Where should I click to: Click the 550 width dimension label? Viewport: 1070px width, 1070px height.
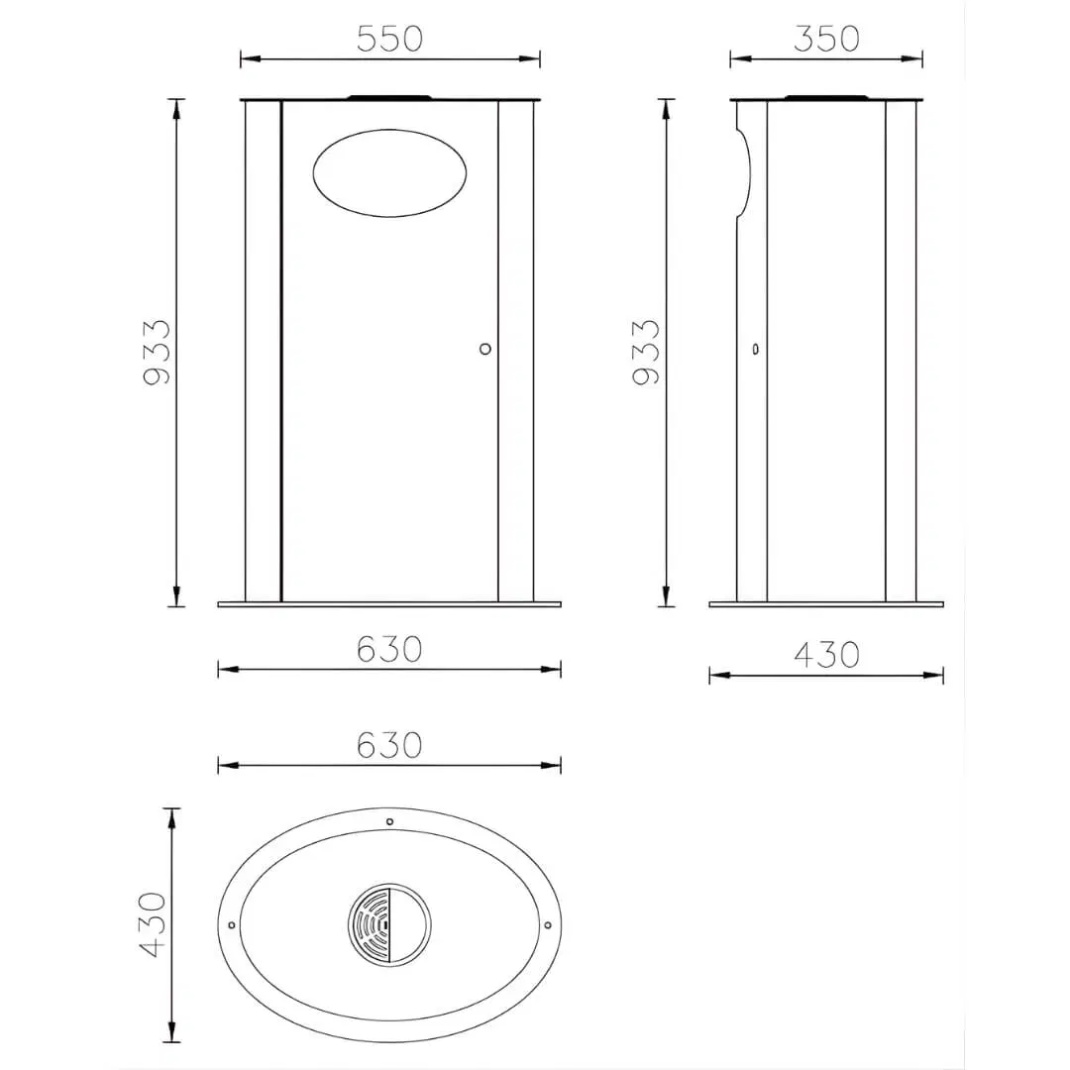[x=389, y=39]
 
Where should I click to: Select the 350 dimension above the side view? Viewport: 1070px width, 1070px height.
[x=826, y=39]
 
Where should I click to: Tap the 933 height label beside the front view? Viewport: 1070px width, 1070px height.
[x=157, y=352]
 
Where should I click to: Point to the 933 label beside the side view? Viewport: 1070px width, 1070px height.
[x=646, y=352]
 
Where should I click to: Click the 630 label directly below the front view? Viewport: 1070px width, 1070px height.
[x=389, y=649]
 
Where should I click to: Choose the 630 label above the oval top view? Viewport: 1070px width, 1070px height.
[x=389, y=745]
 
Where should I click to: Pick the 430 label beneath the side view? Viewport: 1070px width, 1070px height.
[x=826, y=655]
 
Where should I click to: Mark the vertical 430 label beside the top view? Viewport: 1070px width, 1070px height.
[x=153, y=924]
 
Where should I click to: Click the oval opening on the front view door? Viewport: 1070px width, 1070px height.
[x=389, y=173]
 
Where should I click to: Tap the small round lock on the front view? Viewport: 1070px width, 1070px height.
[x=485, y=349]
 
